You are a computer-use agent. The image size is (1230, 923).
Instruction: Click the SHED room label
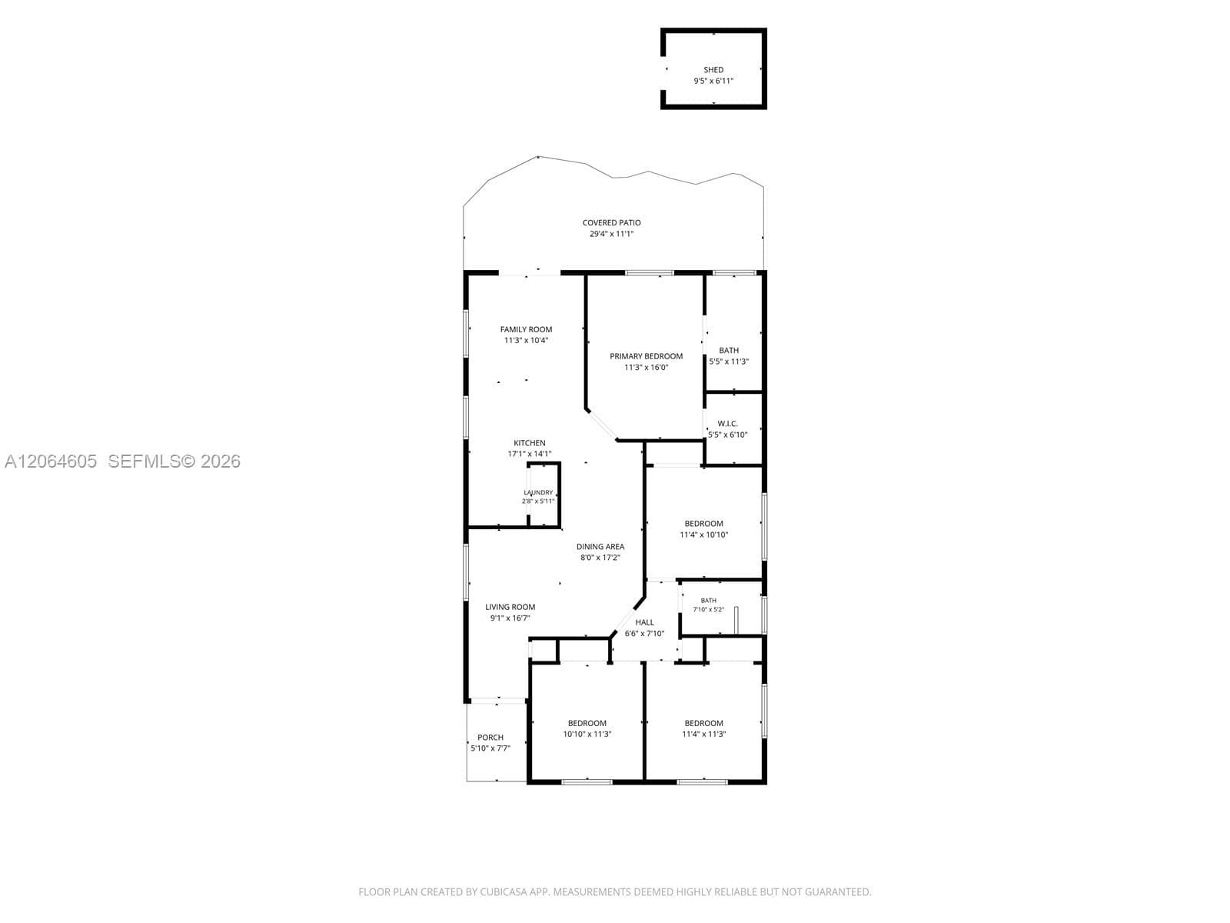coord(713,70)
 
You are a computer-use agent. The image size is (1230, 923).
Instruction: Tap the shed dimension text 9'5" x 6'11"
coord(713,81)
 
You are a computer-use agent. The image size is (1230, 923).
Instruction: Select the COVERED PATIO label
coord(611,222)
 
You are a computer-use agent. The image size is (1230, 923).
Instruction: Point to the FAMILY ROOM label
coord(526,329)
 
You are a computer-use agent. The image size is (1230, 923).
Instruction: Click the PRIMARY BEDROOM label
coord(646,356)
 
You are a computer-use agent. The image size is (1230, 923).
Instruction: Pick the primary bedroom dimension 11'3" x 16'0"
coord(646,368)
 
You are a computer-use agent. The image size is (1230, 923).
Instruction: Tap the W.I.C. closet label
coord(727,424)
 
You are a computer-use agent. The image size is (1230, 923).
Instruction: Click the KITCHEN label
coord(530,443)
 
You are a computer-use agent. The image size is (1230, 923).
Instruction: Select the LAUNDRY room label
coord(538,492)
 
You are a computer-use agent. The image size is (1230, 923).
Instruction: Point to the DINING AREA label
coord(600,546)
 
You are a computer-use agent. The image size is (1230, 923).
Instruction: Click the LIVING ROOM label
coord(510,607)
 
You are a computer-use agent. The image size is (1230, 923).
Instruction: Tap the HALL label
coord(644,622)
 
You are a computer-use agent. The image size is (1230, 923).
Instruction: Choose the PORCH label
coord(490,738)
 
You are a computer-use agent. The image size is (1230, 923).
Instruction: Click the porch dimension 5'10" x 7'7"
coord(490,748)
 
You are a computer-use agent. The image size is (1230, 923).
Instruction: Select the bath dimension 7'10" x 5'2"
coord(708,609)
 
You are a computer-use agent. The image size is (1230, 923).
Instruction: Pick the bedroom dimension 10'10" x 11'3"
coord(587,734)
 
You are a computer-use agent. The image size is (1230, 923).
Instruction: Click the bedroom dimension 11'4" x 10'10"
coord(704,535)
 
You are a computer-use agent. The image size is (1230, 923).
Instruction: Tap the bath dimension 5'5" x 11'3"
coord(729,362)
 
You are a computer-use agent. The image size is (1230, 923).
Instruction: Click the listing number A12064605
coord(51,461)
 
